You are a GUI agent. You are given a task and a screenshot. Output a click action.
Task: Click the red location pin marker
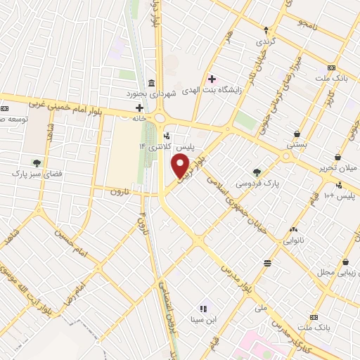(181, 167)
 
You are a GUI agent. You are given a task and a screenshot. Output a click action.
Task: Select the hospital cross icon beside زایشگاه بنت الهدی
(212, 79)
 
